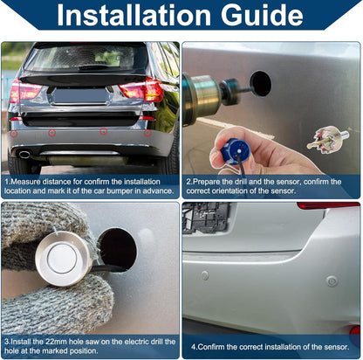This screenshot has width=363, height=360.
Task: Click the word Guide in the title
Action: [x=262, y=15]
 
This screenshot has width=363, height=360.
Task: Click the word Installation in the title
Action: [x=134, y=15]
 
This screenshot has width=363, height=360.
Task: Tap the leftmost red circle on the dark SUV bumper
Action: [x=14, y=134]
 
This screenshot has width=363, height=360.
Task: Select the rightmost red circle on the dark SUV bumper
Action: [x=147, y=133]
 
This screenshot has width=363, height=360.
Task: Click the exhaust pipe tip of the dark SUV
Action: [x=24, y=154]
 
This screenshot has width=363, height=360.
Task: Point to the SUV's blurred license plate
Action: [x=80, y=96]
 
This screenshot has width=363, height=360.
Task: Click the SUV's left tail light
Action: [x=24, y=90]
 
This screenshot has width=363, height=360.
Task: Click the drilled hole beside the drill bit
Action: [x=261, y=83]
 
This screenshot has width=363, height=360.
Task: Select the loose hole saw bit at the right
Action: [x=327, y=138]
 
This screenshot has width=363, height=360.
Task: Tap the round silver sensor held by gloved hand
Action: [x=63, y=259]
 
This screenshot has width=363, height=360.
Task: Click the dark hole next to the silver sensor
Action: [x=118, y=249]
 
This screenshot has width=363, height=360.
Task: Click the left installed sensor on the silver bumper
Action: [x=205, y=275]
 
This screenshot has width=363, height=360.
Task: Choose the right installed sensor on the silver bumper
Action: [x=332, y=281]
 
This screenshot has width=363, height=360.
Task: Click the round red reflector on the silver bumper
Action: [x=355, y=332]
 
